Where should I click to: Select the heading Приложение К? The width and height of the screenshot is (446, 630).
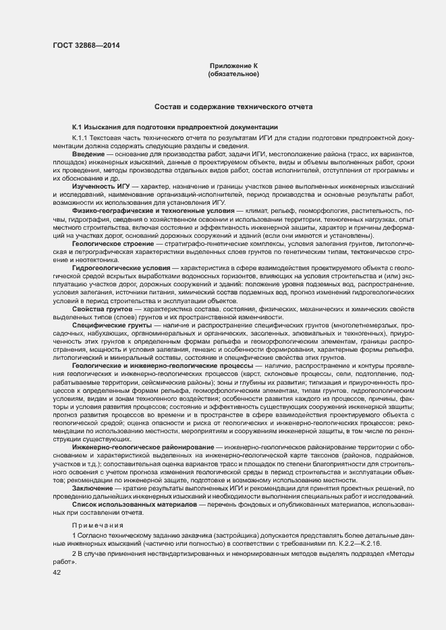click(x=234, y=65)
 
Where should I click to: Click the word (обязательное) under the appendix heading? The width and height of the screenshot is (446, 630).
click(x=234, y=73)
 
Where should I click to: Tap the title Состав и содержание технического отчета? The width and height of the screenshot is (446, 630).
click(x=233, y=107)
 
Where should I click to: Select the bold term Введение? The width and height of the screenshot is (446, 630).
click(x=88, y=155)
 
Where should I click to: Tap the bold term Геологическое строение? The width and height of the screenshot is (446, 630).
click(x=112, y=243)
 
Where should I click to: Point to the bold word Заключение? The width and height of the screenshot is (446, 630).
click(x=94, y=487)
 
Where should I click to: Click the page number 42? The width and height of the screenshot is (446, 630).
click(x=57, y=572)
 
